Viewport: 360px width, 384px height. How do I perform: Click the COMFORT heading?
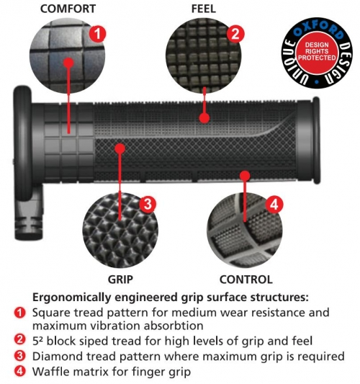[68, 9]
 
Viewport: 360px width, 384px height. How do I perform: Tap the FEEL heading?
[203, 9]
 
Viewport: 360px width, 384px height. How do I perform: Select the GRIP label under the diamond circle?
[120, 280]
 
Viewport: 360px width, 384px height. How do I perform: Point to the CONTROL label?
[246, 280]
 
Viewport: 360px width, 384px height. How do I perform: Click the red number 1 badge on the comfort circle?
[97, 34]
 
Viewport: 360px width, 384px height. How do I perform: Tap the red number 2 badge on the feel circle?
[235, 34]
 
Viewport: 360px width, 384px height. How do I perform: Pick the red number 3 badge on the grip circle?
[148, 204]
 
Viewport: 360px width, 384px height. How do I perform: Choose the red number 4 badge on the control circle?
[274, 204]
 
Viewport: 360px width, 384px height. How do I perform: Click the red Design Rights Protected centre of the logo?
[317, 52]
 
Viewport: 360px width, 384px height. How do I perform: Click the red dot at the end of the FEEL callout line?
[204, 118]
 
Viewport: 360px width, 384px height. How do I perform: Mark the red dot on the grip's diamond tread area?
[120, 148]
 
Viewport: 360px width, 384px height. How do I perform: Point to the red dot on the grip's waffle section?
[245, 176]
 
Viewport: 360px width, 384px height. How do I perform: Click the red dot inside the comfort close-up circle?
[68, 63]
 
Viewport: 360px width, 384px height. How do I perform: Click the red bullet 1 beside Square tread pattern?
[20, 313]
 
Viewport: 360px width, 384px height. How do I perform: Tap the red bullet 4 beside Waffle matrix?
[20, 371]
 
